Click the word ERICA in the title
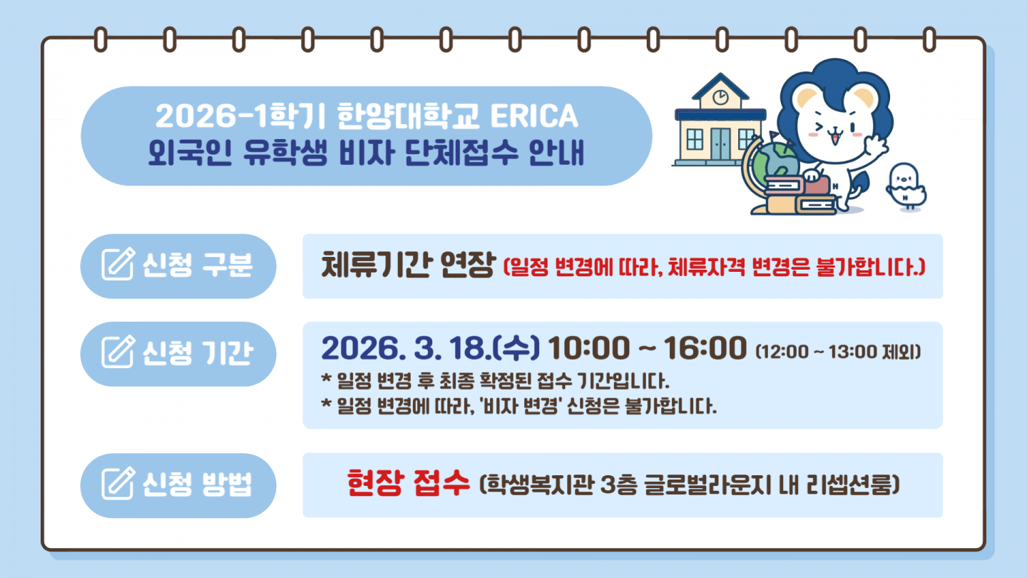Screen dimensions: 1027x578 (534, 116)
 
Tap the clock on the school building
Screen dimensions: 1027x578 (720, 97)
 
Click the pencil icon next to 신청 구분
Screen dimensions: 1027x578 (118, 264)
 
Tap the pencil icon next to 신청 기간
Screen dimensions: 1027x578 (118, 351)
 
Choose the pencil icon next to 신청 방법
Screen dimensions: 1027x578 (118, 484)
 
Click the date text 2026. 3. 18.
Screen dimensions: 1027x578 (406, 348)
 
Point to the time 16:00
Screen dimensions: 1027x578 (705, 348)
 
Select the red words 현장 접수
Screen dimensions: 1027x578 (408, 483)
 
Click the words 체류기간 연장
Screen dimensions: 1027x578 (408, 265)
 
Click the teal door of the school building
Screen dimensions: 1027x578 (721, 143)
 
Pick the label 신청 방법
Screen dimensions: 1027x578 (197, 484)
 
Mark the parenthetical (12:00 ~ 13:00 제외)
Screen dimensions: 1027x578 (838, 352)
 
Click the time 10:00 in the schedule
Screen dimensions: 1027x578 (588, 348)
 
